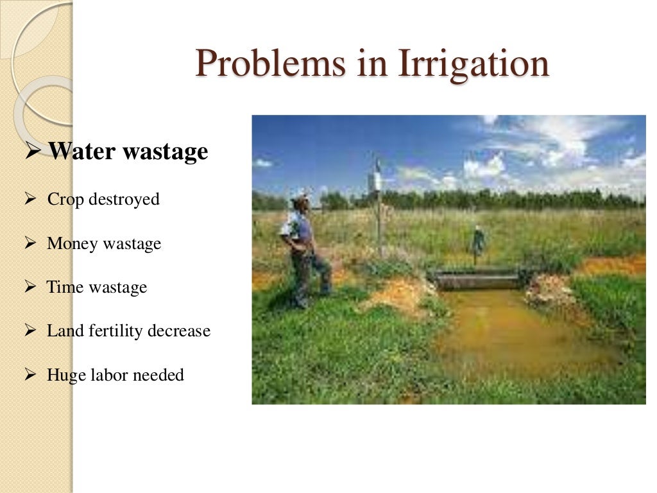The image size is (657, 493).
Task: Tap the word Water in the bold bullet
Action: [x=83, y=151]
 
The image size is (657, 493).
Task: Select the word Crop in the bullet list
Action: [x=65, y=200]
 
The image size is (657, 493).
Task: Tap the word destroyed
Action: [x=124, y=200]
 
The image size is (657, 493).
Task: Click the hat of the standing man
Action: [x=299, y=201]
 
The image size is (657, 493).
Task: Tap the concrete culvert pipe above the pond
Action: [x=478, y=281]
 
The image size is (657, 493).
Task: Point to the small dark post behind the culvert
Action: [x=477, y=244]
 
